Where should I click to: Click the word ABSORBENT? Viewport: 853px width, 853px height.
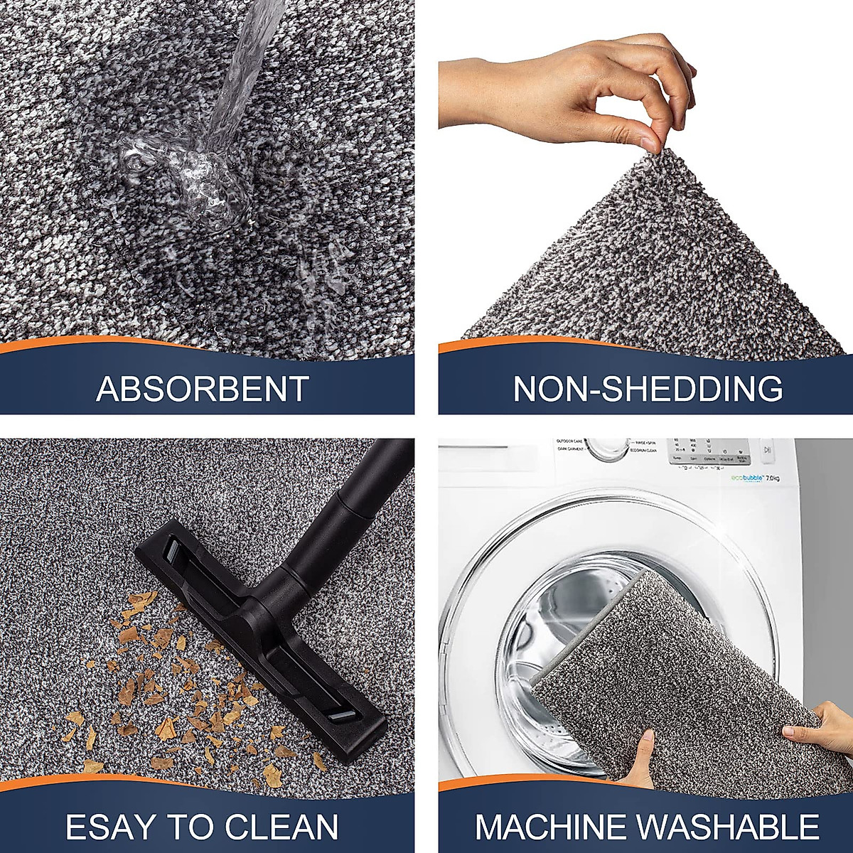(203, 389)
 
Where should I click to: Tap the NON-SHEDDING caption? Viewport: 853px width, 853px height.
(648, 389)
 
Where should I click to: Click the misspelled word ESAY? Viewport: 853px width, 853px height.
(107, 827)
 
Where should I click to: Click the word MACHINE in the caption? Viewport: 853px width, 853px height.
(550, 827)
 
